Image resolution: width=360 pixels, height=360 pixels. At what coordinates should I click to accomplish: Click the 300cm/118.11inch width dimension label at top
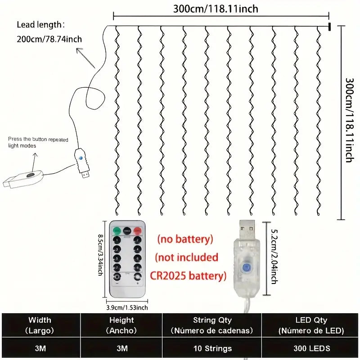[216, 9]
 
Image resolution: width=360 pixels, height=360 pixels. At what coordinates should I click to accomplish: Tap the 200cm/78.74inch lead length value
[49, 39]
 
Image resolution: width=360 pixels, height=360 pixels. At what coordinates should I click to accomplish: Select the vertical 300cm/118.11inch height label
[350, 120]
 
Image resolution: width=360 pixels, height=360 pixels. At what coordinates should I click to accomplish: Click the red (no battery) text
[185, 239]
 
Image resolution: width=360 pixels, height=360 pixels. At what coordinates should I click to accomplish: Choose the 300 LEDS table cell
[311, 348]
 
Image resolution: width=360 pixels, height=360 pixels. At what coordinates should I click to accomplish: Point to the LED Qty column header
[311, 325]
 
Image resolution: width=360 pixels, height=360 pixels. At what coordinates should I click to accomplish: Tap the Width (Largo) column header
[40, 325]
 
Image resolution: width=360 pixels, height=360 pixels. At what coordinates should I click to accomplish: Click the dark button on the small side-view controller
[30, 175]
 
